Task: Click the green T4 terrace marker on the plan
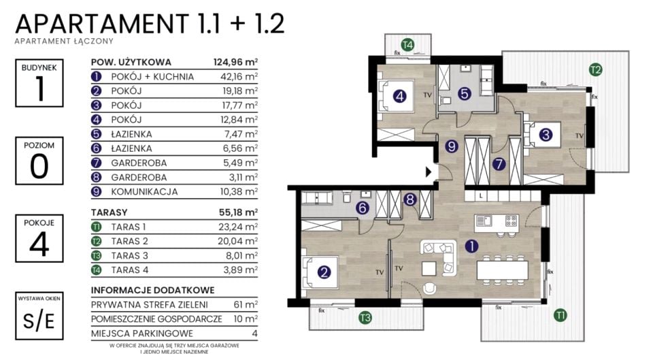point(407,44)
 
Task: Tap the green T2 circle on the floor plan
point(596,69)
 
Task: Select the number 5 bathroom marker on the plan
point(465,93)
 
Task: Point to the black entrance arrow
point(429,171)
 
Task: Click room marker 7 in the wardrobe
point(499,164)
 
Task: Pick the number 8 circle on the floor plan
point(410,199)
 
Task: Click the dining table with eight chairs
point(502,269)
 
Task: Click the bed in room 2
point(320,272)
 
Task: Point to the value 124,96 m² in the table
point(236,63)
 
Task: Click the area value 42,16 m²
point(239,77)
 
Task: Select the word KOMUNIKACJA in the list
point(144,192)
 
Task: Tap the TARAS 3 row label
point(129,256)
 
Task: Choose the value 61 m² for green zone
point(246,305)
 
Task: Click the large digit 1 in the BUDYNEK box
point(39,88)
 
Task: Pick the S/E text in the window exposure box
point(39,321)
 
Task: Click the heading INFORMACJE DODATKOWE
point(153,291)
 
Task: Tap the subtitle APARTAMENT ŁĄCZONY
point(64,42)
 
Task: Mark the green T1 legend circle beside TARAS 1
point(96,227)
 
